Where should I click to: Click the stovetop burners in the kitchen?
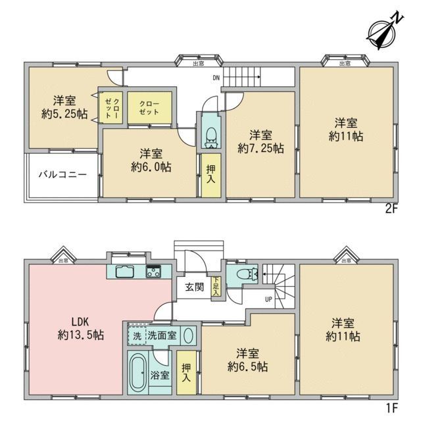point(154,270)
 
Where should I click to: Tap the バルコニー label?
point(62,175)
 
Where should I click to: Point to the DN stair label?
point(216,78)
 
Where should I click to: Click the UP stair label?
point(268,301)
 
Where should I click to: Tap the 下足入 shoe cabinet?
point(216,289)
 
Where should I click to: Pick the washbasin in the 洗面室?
point(187,335)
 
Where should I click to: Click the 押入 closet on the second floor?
point(210,175)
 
